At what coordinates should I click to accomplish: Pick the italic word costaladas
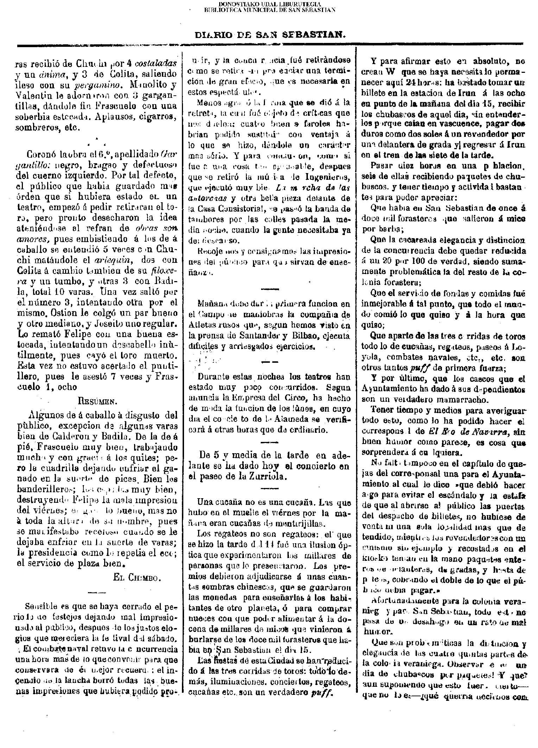click(156, 64)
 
